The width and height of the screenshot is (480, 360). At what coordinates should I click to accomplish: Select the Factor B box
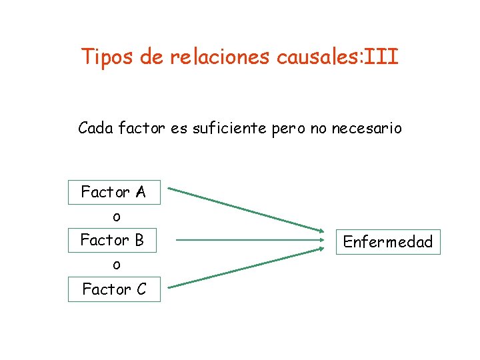pos(112,240)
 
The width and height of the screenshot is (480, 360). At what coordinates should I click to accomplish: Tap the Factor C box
pos(114,289)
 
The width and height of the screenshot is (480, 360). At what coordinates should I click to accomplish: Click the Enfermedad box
pos(387,241)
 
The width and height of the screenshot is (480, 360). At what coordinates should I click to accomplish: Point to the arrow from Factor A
pos(247,209)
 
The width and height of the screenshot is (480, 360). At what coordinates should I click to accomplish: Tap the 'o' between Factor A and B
pos(117,217)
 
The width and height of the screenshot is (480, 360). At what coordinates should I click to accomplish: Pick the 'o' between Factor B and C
pos(117,265)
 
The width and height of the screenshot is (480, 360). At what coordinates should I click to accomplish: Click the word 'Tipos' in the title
pos(107,57)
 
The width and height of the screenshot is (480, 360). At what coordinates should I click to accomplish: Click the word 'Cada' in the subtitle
pos(95,127)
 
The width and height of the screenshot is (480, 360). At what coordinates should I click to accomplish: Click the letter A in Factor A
pos(140,193)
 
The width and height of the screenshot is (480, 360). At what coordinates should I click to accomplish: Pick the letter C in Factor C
pos(141,289)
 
